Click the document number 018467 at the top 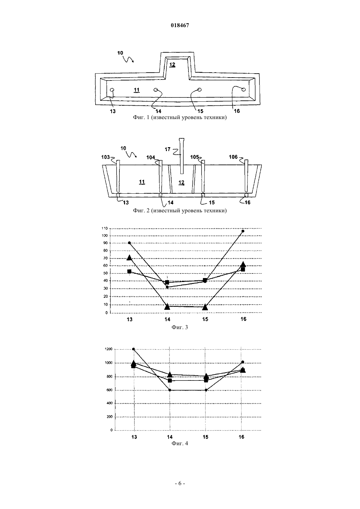[x=180, y=25]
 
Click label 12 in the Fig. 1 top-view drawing [x=172, y=64]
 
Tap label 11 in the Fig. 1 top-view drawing [x=136, y=90]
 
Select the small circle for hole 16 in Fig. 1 [x=243, y=90]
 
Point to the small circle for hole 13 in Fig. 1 [x=112, y=90]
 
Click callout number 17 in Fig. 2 [x=168, y=149]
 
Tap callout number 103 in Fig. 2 [x=105, y=157]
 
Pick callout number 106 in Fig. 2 [x=233, y=157]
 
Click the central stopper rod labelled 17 [x=182, y=156]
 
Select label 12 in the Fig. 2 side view [x=181, y=183]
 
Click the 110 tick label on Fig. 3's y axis [x=104, y=228]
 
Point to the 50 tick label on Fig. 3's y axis [x=105, y=273]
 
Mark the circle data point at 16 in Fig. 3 [x=243, y=231]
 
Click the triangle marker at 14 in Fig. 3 [x=167, y=307]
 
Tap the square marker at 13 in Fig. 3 [x=129, y=271]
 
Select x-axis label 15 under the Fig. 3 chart [x=205, y=319]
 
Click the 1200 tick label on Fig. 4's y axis [x=109, y=349]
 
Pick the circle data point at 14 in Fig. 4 [x=170, y=390]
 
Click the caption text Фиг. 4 [x=180, y=443]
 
